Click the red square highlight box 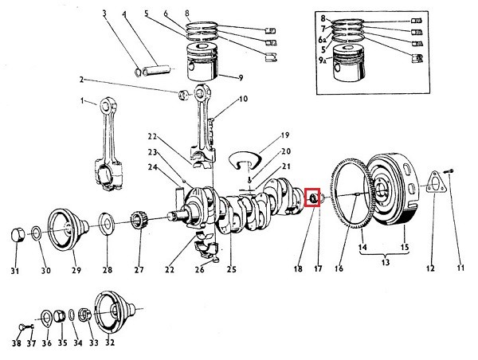pyautogui.click(x=312, y=197)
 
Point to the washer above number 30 pyautogui.click(x=37, y=234)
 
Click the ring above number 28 pyautogui.click(x=105, y=222)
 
